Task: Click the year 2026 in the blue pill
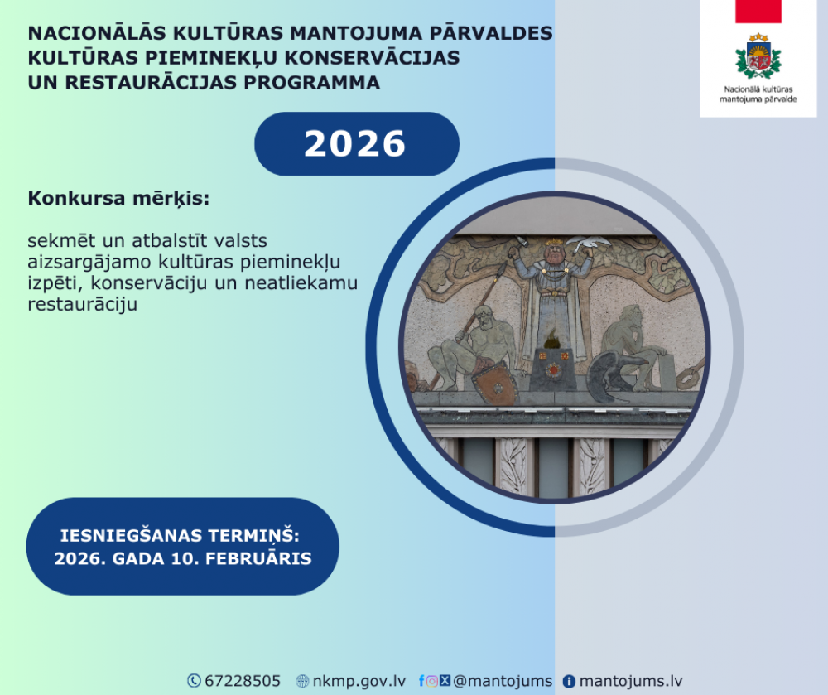click(x=355, y=143)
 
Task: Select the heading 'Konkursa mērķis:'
click(x=118, y=199)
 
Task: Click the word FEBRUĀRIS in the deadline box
click(x=258, y=559)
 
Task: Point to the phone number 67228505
click(x=243, y=681)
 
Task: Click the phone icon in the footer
click(x=195, y=681)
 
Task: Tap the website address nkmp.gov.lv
click(x=359, y=681)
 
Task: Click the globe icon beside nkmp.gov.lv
click(x=302, y=681)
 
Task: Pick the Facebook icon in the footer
click(x=421, y=681)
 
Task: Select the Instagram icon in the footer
click(x=432, y=681)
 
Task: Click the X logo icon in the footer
click(x=445, y=681)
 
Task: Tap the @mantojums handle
click(x=503, y=681)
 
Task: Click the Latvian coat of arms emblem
click(x=758, y=56)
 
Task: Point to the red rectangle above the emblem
click(x=758, y=11)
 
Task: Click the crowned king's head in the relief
click(x=553, y=250)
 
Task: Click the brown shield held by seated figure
click(x=495, y=384)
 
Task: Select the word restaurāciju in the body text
click(x=82, y=304)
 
